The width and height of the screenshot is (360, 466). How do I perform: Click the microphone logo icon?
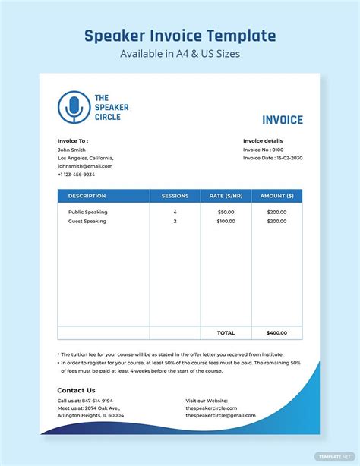click(74, 107)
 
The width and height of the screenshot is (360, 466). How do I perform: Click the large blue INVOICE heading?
click(282, 120)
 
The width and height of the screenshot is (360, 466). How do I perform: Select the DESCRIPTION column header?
click(87, 196)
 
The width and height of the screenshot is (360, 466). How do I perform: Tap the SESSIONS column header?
click(175, 196)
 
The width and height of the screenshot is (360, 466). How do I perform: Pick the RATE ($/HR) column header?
click(226, 196)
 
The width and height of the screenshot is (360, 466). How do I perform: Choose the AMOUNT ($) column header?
click(276, 196)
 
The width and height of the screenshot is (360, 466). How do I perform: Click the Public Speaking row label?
click(87, 212)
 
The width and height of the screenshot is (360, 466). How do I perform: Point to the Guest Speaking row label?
click(87, 221)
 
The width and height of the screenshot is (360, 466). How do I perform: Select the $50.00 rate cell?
click(226, 212)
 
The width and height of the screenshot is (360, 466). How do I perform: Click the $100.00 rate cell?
click(226, 221)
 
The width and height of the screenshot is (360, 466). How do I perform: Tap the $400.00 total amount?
click(276, 332)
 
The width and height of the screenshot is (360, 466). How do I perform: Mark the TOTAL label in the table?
click(226, 332)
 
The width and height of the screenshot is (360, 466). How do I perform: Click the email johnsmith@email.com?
click(85, 166)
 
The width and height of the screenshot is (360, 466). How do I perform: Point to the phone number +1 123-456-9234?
click(76, 175)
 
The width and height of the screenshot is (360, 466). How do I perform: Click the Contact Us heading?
click(77, 390)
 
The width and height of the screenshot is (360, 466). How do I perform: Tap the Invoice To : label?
click(73, 141)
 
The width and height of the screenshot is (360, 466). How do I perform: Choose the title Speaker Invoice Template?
click(180, 36)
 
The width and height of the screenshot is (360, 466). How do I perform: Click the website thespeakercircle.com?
click(211, 408)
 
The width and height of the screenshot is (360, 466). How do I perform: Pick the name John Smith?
click(71, 150)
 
